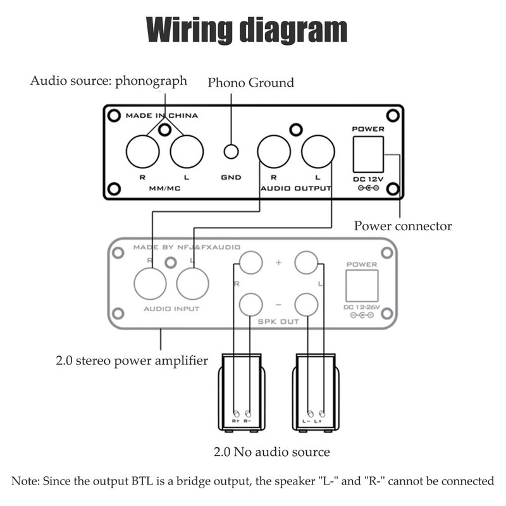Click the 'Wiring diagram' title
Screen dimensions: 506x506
(x=247, y=30)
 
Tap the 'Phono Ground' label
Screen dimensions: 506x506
(x=250, y=83)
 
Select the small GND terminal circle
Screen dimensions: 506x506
(x=231, y=152)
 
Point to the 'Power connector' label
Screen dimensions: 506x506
(x=403, y=226)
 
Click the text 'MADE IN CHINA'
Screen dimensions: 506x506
(x=161, y=116)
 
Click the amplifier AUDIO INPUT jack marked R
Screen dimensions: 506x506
(x=150, y=283)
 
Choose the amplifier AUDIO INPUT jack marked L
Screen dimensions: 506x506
(x=193, y=283)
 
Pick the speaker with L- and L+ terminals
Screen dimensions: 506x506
(x=314, y=392)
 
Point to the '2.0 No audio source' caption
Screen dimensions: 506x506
(x=271, y=452)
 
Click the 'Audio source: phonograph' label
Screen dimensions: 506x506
(x=109, y=81)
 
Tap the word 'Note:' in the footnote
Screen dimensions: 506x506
(x=26, y=481)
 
